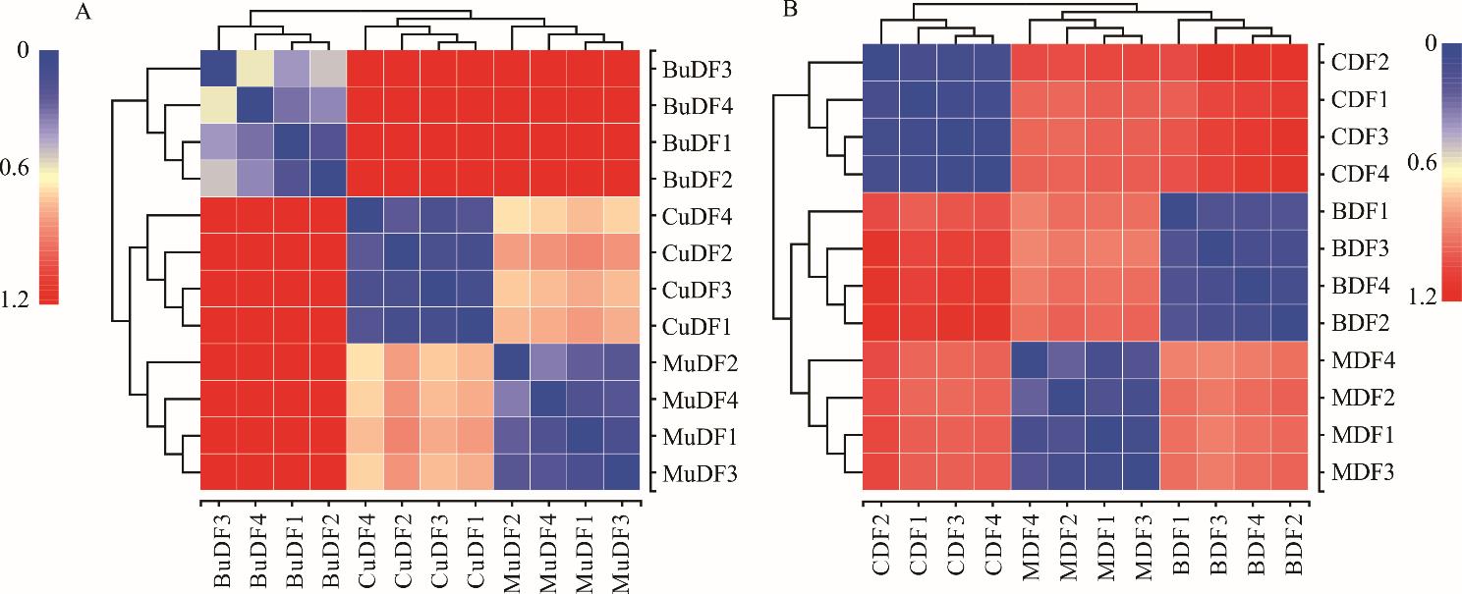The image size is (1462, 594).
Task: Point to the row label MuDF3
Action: click(694, 474)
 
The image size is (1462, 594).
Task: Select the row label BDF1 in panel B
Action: click(1359, 211)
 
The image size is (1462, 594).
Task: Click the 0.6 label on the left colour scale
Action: click(17, 169)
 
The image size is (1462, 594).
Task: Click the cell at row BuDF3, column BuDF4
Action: click(254, 69)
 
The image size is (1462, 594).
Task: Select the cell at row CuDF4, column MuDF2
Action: click(512, 216)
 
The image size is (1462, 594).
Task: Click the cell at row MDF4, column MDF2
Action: click(1066, 358)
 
